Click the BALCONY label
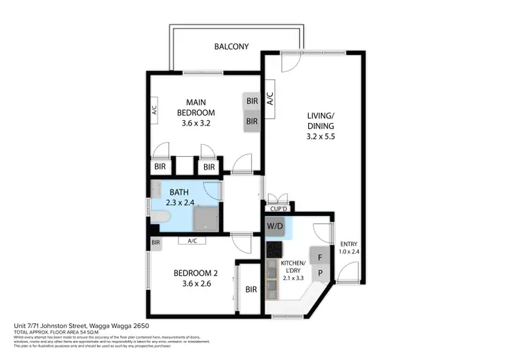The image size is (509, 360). (x=231, y=47)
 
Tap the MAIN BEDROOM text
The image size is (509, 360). (x=196, y=107)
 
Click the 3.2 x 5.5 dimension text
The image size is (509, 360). (x=320, y=136)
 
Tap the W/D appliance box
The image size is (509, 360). (x=275, y=226)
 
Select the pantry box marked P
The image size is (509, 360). (x=319, y=273)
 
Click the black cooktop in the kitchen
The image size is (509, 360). (x=274, y=249)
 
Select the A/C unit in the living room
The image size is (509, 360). (x=269, y=101)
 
